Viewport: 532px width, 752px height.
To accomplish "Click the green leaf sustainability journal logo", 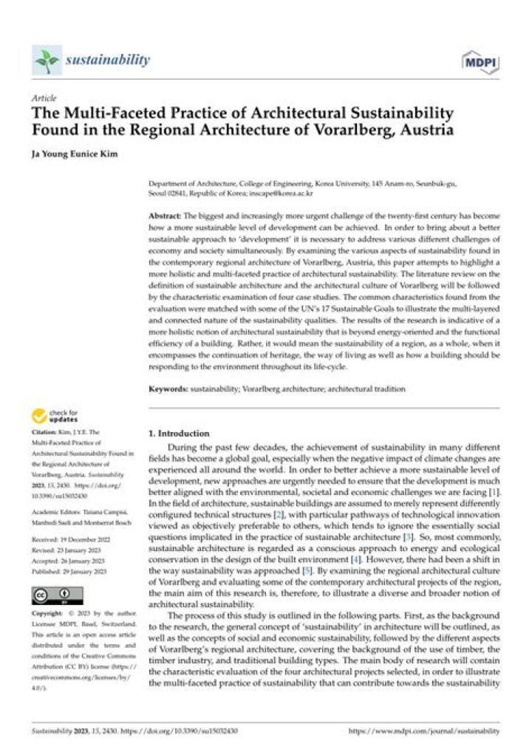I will (46, 60).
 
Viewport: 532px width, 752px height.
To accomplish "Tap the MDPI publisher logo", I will (477, 61).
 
